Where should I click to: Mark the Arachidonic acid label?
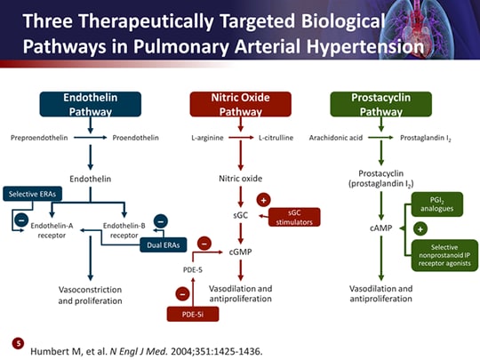coord(333,139)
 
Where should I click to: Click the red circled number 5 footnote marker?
coord(17,342)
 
